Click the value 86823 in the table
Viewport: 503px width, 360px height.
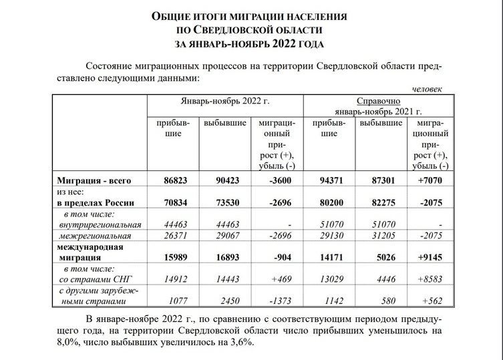(174, 180)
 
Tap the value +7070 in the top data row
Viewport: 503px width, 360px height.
(432, 180)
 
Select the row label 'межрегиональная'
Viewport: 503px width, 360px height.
(98, 236)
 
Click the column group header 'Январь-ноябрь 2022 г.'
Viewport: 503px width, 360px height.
(224, 103)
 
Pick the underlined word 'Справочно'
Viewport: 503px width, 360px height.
(379, 99)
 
